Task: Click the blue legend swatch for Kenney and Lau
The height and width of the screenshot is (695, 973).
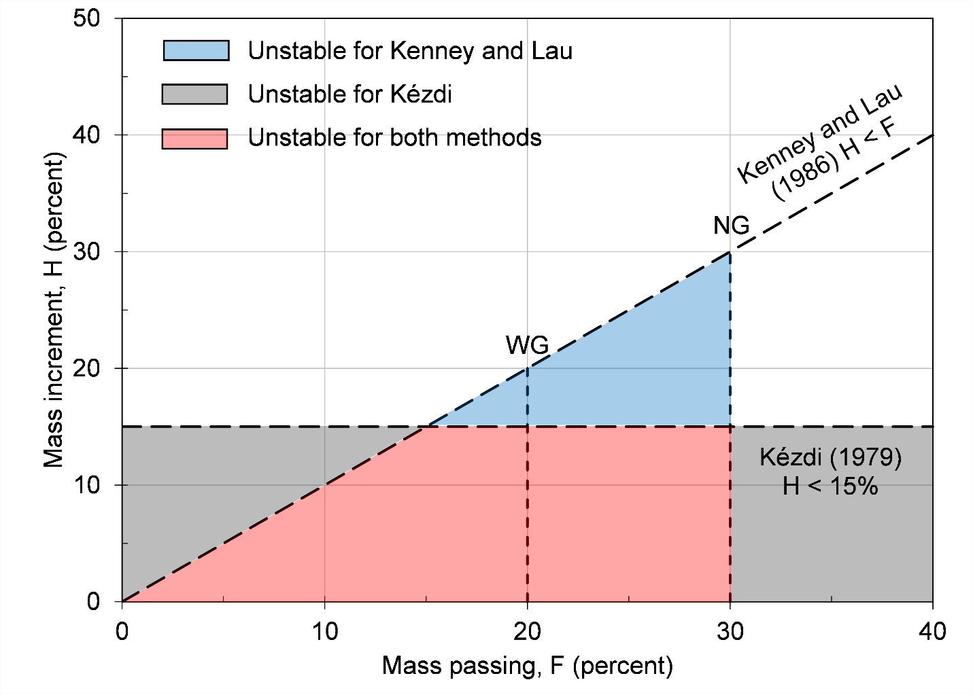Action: click(196, 51)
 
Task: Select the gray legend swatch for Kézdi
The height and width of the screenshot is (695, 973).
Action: click(194, 94)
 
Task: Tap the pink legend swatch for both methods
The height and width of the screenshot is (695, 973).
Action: click(194, 138)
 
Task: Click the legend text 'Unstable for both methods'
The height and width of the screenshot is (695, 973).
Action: click(394, 138)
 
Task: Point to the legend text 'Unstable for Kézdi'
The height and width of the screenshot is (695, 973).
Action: click(349, 94)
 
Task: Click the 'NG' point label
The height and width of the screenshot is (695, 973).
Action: click(731, 226)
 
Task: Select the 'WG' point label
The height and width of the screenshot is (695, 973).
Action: click(527, 345)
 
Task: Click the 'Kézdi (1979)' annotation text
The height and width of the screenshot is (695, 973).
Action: click(830, 457)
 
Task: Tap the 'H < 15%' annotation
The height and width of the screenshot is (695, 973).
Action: click(830, 486)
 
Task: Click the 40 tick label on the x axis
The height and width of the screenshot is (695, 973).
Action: click(932, 632)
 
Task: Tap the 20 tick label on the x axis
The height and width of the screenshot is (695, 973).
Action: click(527, 632)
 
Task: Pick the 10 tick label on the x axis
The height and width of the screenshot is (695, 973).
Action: click(324, 632)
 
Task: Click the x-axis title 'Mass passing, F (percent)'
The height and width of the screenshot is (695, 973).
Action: click(527, 666)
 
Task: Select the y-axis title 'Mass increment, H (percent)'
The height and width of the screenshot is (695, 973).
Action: click(54, 309)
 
